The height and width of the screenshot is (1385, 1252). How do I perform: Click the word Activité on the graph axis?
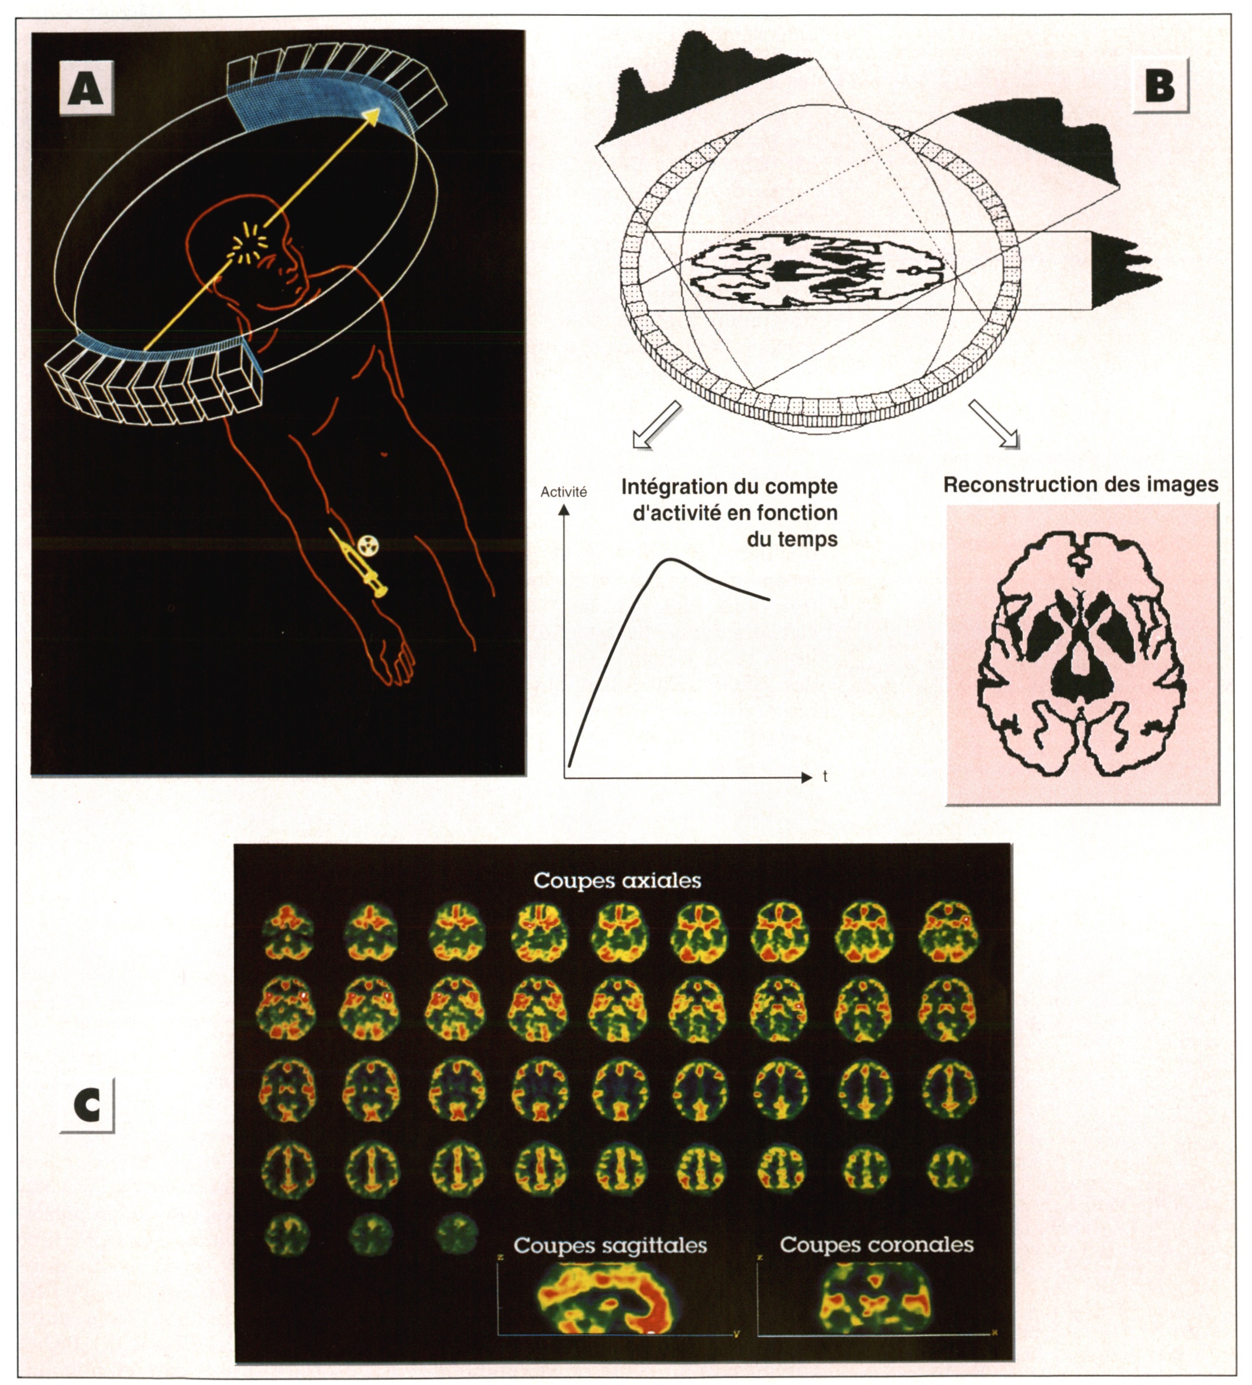point(563,492)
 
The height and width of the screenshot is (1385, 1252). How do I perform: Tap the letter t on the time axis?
point(824,777)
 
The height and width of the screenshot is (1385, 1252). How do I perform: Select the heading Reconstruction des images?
point(1080,485)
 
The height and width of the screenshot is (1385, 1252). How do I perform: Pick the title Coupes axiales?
point(617,881)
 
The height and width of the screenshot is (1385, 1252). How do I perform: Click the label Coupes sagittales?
point(610,1245)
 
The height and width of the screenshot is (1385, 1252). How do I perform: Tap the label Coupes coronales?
point(876,1244)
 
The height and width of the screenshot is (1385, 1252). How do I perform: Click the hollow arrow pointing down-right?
point(995,425)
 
